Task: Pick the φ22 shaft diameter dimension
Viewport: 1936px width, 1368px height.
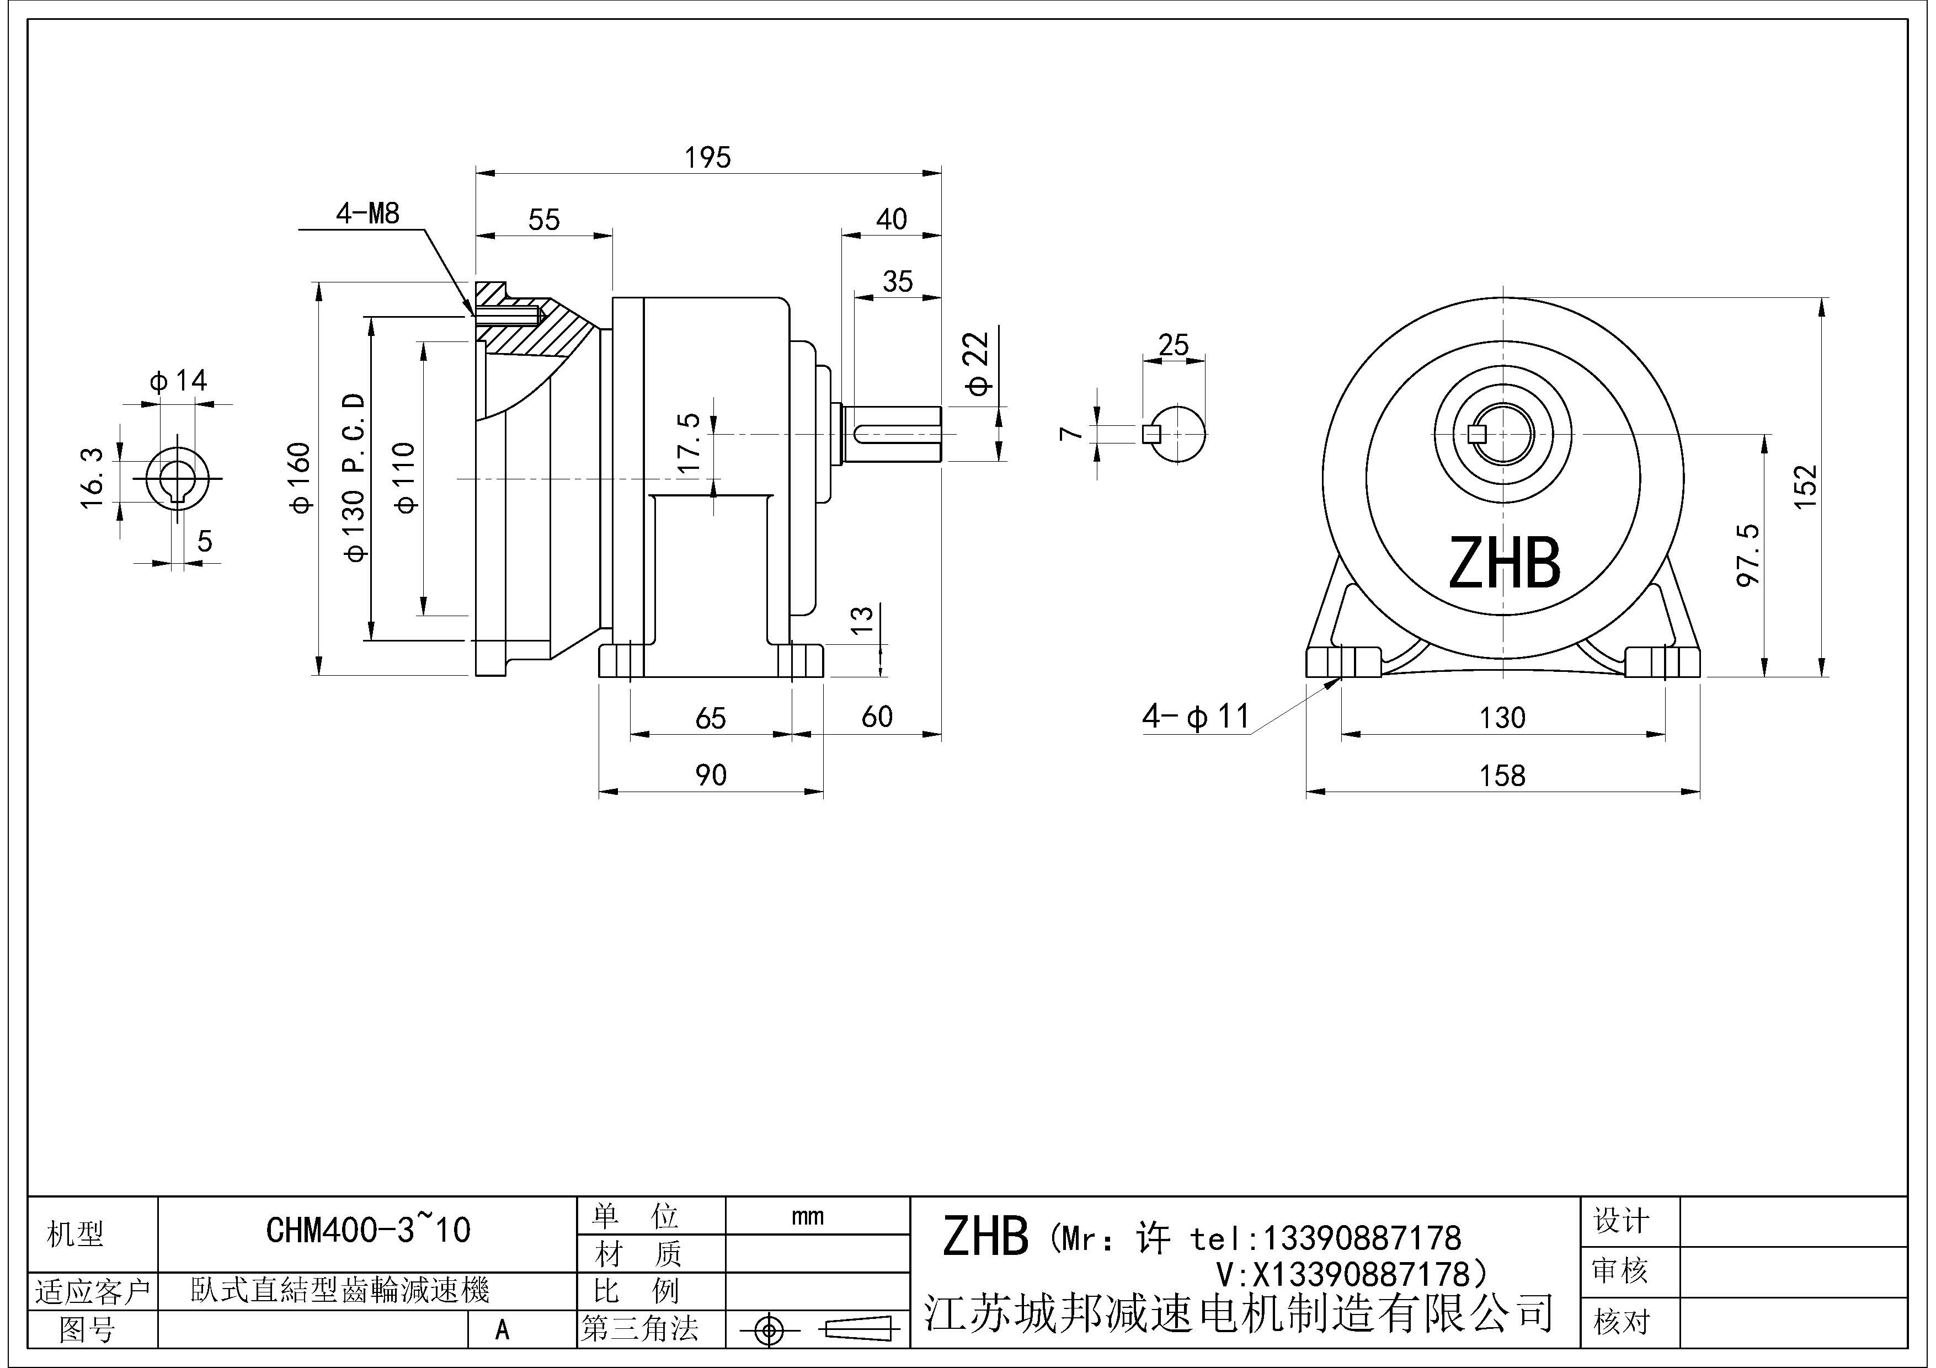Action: [x=978, y=364]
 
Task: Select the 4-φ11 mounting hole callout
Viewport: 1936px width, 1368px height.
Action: [x=1195, y=717]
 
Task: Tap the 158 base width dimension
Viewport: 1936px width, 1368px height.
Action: [x=1502, y=776]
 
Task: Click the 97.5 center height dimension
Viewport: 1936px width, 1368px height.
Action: [x=1749, y=554]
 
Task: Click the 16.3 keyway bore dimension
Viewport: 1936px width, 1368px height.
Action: [x=92, y=478]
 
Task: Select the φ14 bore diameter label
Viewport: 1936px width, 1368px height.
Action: [x=179, y=381]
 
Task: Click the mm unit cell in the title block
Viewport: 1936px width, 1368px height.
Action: [x=807, y=1216]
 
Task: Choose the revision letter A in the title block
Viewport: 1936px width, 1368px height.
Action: [x=503, y=1330]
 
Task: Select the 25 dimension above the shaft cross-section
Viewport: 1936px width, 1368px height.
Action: [x=1173, y=345]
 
